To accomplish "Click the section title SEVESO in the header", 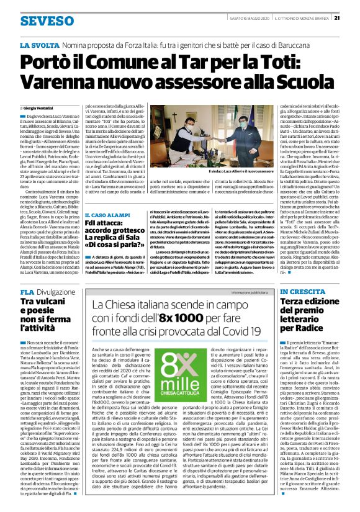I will [46, 20].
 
